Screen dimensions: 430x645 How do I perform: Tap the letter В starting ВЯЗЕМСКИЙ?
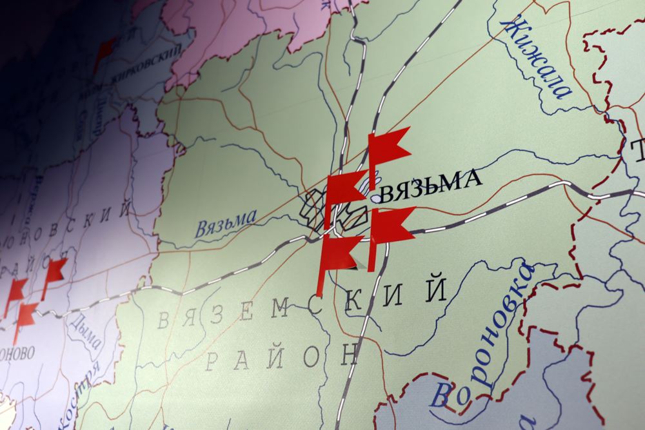(x=164, y=319)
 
